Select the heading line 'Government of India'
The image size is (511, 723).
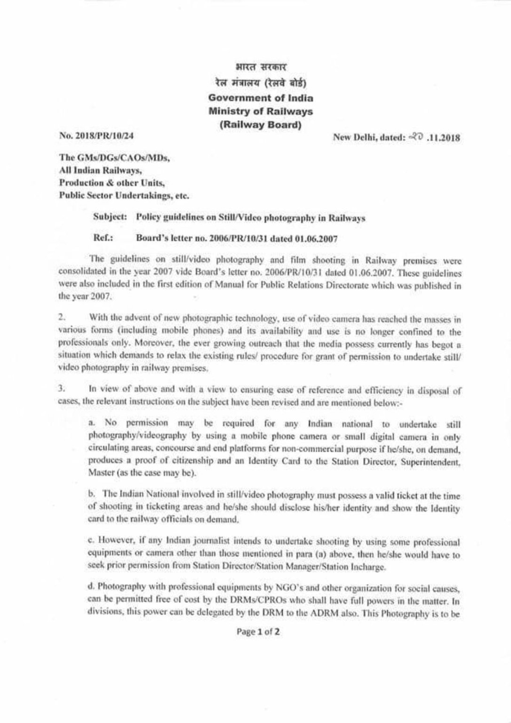[x=261, y=98]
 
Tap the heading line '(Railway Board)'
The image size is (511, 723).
[x=260, y=125]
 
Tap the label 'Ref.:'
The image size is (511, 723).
[x=102, y=238]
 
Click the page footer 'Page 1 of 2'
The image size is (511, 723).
[x=258, y=633]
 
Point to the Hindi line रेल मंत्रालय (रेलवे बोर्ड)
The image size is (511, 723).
[x=260, y=84]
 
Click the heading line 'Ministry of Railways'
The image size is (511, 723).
[x=261, y=112]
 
